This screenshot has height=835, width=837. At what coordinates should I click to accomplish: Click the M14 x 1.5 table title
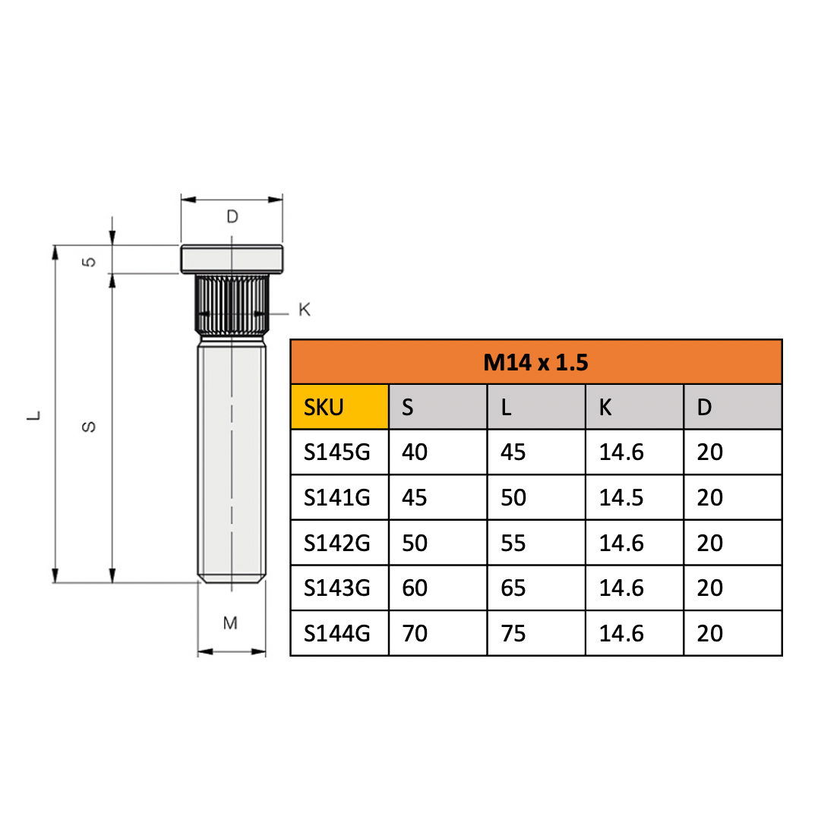(535, 362)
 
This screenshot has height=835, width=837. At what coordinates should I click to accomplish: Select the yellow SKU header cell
(340, 407)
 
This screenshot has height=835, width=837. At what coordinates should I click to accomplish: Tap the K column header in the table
(634, 407)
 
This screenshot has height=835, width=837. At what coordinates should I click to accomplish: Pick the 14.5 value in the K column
(621, 497)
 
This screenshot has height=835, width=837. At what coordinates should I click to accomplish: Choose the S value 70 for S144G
(414, 633)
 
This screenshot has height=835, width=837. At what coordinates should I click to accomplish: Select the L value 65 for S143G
(513, 588)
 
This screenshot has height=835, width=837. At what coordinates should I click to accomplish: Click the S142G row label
(336, 543)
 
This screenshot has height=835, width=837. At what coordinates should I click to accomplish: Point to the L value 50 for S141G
(513, 497)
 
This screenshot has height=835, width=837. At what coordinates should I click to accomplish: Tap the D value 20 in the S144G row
(709, 633)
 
